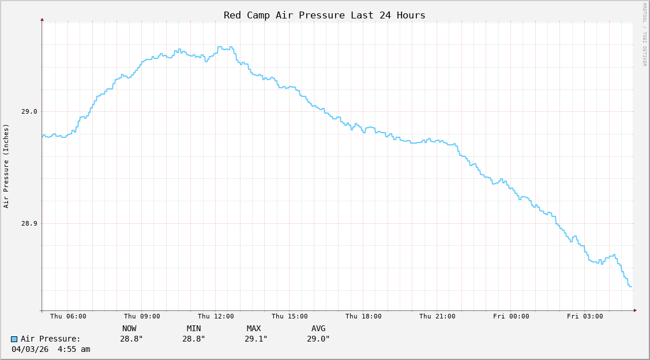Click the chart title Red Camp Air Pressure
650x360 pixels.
tap(324, 15)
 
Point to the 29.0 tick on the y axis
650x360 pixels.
tap(29, 111)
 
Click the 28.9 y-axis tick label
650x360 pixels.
tap(29, 223)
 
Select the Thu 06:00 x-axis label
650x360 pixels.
tap(68, 316)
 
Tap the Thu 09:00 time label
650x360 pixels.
tap(142, 316)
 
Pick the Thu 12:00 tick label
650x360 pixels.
tap(216, 316)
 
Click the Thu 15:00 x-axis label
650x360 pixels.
tap(290, 316)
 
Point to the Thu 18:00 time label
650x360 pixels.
tap(363, 316)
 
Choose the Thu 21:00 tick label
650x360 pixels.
tap(437, 316)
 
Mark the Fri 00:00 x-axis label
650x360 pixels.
tap(511, 316)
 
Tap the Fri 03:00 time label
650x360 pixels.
tap(585, 316)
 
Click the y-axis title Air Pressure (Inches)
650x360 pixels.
tap(6, 166)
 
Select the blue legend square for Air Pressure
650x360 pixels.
tap(14, 339)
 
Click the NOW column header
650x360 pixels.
tap(129, 328)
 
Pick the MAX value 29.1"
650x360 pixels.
tap(256, 339)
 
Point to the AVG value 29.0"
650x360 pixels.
tap(318, 339)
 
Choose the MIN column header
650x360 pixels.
tap(194, 328)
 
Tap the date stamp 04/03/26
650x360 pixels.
tap(30, 349)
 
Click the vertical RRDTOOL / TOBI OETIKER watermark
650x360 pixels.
tap(644, 35)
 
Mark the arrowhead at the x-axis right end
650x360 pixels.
tap(635, 310)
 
